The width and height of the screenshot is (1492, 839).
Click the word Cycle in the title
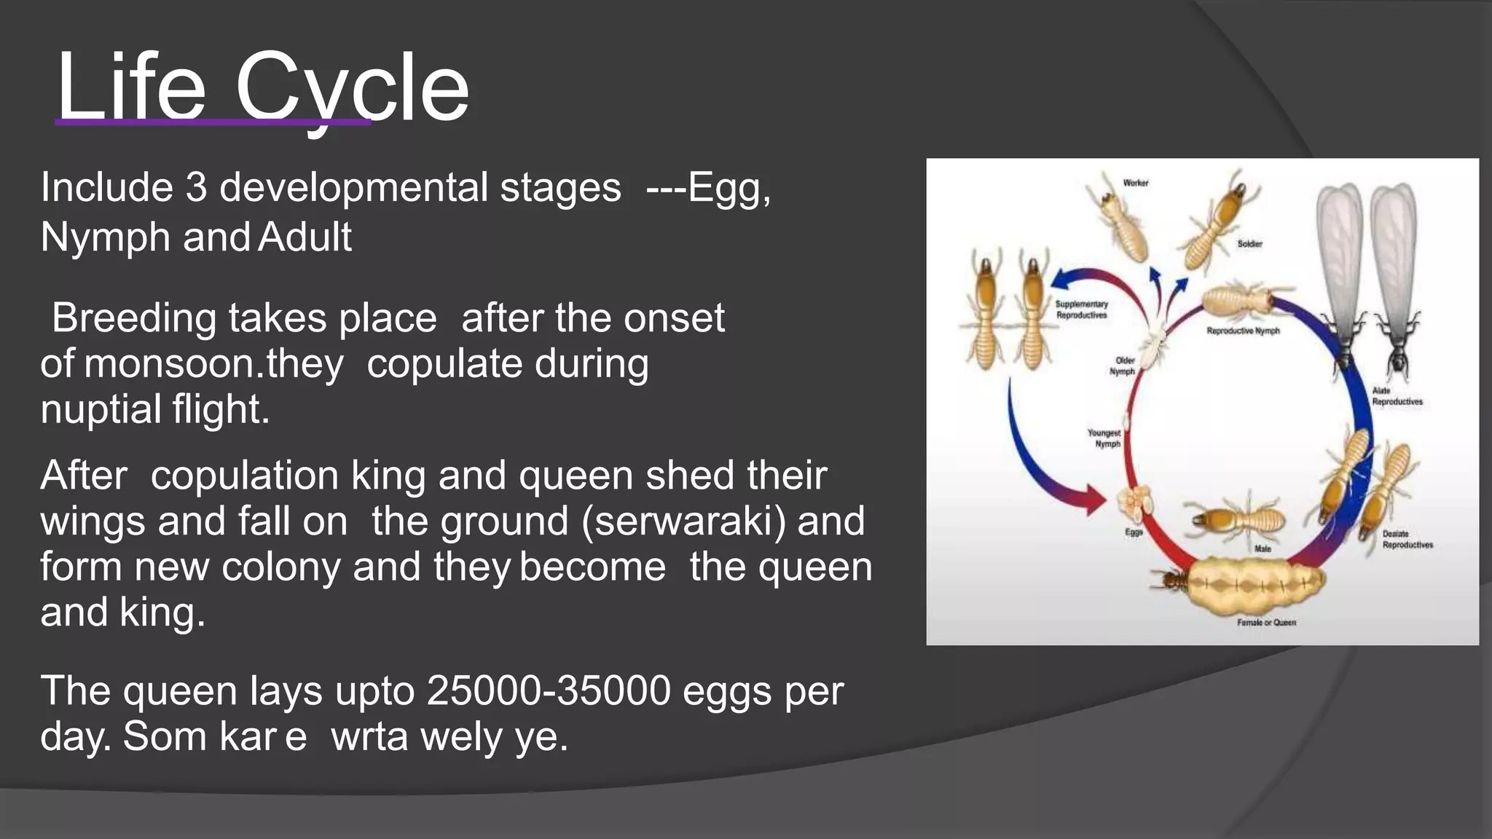tap(352, 87)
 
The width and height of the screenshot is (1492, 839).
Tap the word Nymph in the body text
tap(105, 237)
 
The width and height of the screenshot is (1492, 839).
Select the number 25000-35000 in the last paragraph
tap(548, 690)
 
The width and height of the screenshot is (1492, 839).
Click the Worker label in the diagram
tap(1135, 183)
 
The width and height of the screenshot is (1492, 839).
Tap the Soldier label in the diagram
tap(1249, 244)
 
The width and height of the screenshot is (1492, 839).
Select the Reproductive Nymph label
tap(1243, 331)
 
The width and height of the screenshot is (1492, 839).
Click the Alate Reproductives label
tap(1397, 396)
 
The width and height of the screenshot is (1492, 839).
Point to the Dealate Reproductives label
tap(1407, 540)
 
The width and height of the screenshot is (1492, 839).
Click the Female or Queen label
tap(1266, 623)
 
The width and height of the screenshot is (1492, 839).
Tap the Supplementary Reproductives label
tap(1081, 310)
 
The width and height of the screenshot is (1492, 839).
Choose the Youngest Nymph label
tap(1104, 438)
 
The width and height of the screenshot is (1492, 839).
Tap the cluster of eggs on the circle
tap(1135, 501)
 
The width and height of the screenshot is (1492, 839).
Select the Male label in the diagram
tap(1263, 548)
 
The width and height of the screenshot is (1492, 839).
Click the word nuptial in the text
tap(101, 409)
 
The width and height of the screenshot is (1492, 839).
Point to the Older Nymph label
tap(1123, 366)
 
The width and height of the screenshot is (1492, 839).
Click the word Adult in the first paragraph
tap(305, 237)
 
